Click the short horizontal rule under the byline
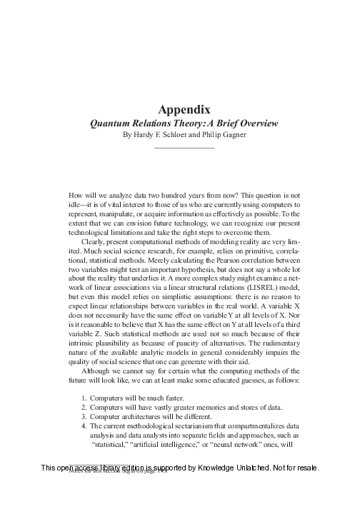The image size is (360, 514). click(x=184, y=147)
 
